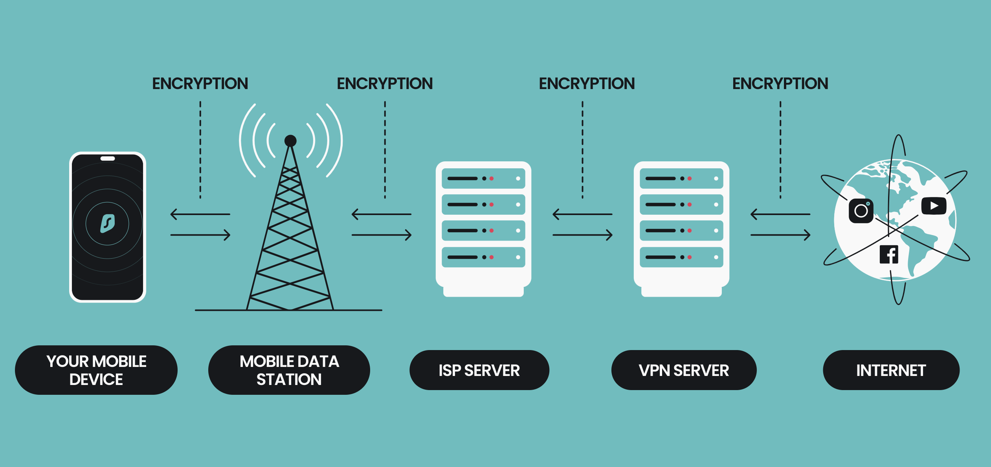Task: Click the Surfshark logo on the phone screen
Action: point(107,224)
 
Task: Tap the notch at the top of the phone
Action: point(107,159)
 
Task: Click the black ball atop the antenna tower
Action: point(290,140)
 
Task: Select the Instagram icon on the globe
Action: point(861,211)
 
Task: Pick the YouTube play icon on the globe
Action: point(934,206)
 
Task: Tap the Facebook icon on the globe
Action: point(889,254)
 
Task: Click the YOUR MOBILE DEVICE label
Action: point(96,370)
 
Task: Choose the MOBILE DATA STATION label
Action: point(289,370)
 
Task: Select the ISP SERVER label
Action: point(479,370)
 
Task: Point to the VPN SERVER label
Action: point(684,370)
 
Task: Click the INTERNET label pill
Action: point(891,370)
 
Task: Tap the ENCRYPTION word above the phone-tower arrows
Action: point(200,84)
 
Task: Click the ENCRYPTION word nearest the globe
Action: point(780,84)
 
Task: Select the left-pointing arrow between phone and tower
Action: point(200,214)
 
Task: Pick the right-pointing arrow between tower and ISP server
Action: point(382,235)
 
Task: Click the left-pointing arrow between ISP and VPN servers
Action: point(582,214)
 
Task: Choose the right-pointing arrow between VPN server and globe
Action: point(780,235)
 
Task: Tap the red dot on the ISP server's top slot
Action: point(492,179)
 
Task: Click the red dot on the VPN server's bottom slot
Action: point(690,257)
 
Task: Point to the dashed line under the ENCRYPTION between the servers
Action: point(582,149)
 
